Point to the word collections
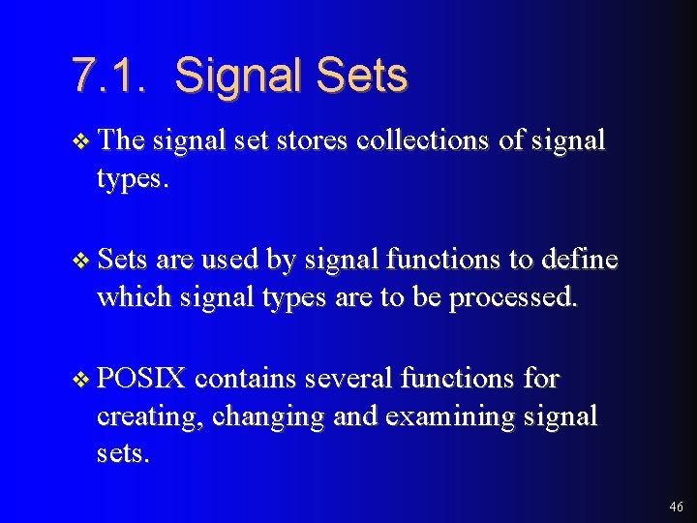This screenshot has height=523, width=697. point(423,140)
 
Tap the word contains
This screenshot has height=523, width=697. point(246,379)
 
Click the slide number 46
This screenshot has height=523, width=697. point(675,507)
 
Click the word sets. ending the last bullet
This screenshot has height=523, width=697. point(123,453)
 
